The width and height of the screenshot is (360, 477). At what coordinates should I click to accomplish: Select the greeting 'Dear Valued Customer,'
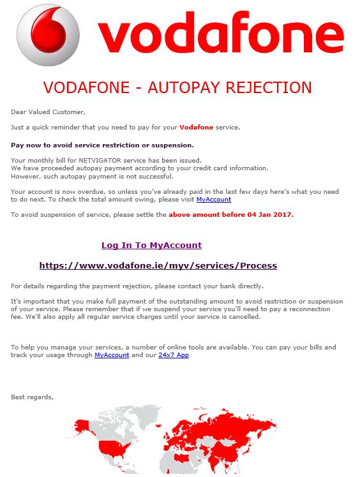tap(48, 112)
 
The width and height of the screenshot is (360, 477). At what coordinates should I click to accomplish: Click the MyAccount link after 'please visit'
tap(213, 200)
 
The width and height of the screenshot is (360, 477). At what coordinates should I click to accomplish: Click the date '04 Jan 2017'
tap(269, 215)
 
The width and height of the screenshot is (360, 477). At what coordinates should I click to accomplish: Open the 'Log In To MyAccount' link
tap(151, 246)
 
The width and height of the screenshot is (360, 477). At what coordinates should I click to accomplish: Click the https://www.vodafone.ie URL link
tap(158, 265)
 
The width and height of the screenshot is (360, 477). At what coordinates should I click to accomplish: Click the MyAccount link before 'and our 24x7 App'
tap(112, 355)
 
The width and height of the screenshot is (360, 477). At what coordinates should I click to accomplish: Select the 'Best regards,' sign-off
tap(33, 397)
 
